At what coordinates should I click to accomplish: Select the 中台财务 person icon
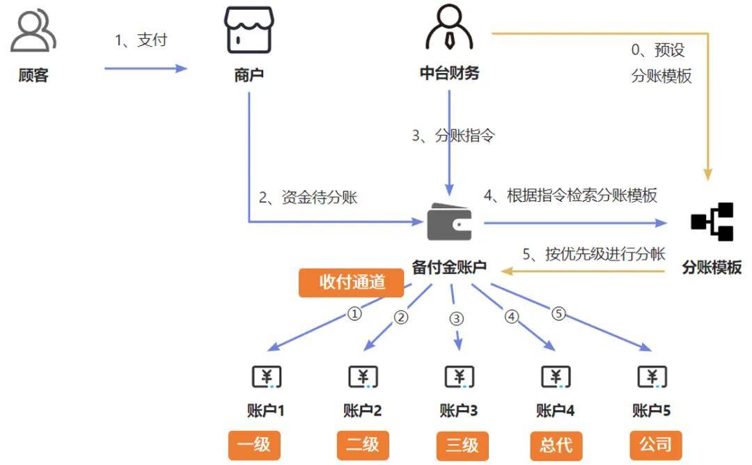point(449,31)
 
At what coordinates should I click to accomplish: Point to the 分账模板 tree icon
point(712,222)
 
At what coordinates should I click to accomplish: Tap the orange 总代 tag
point(556,444)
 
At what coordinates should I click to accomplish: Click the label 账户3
point(459,411)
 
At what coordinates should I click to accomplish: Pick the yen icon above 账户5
point(652,377)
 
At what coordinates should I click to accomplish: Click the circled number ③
point(456,319)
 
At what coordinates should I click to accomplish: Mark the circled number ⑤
point(558,313)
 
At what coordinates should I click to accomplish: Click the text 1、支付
point(141,40)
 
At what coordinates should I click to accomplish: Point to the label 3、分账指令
point(453,136)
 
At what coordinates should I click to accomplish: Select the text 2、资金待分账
point(308,197)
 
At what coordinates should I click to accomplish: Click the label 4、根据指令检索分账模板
point(570,196)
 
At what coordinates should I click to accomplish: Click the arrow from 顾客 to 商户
point(146,68)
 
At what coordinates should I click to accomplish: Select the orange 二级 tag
point(363,444)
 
